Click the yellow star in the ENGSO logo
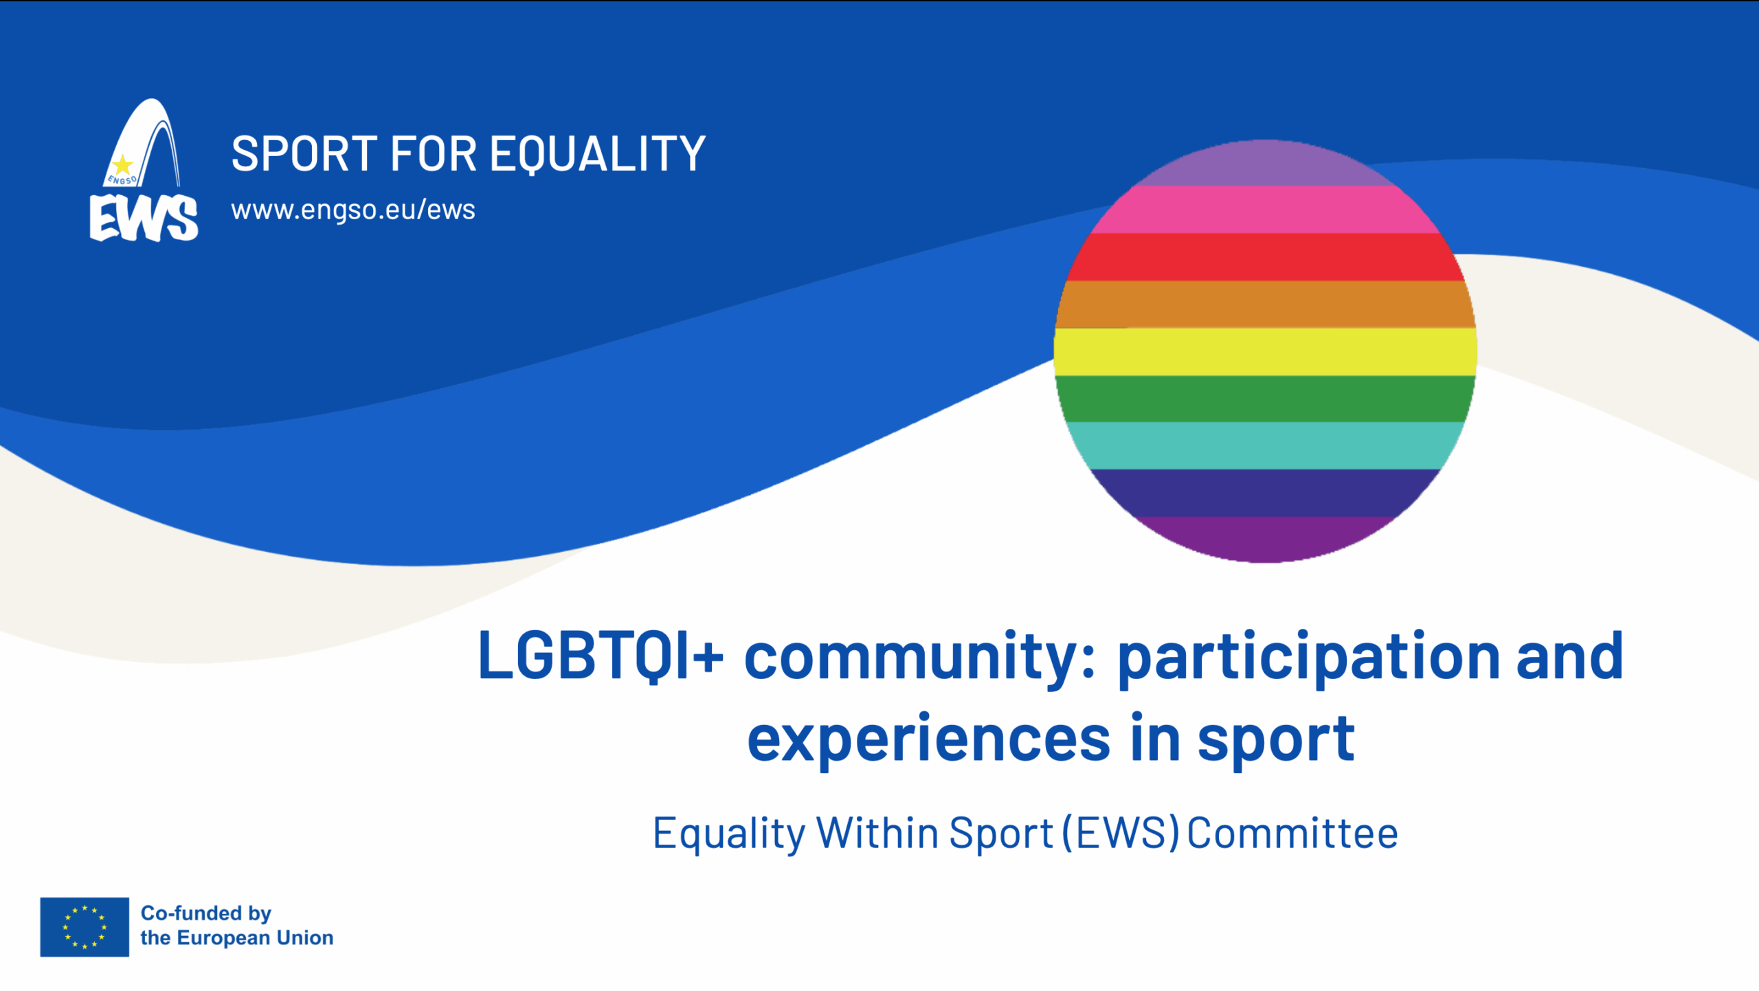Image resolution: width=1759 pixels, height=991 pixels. (x=122, y=165)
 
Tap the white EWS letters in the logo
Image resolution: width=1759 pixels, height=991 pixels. (x=144, y=218)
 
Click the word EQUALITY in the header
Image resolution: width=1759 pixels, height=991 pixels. (x=598, y=155)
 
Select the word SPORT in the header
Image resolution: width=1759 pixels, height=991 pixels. (x=304, y=153)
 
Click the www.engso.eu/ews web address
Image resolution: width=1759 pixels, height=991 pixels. (x=353, y=210)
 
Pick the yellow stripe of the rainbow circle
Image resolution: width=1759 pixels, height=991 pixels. (x=1265, y=352)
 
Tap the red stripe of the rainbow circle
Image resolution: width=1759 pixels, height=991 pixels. (x=1265, y=257)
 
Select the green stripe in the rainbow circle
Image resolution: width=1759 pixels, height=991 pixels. (x=1265, y=399)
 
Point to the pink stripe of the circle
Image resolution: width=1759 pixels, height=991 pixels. (x=1265, y=210)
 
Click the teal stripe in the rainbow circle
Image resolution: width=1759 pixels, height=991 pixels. (x=1265, y=445)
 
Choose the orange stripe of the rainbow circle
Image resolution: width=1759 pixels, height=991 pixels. (x=1265, y=304)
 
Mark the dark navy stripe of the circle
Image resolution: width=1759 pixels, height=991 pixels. (x=1265, y=493)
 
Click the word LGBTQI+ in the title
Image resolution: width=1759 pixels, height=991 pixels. (x=601, y=656)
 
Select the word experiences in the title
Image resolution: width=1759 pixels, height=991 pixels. (x=929, y=741)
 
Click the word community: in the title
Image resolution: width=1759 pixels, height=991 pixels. (x=919, y=659)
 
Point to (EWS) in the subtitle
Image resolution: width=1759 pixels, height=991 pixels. (x=1121, y=834)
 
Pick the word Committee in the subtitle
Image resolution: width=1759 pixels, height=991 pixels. (x=1292, y=834)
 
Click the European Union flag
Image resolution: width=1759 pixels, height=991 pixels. (x=85, y=927)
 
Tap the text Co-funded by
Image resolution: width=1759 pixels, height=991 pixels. (x=206, y=913)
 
